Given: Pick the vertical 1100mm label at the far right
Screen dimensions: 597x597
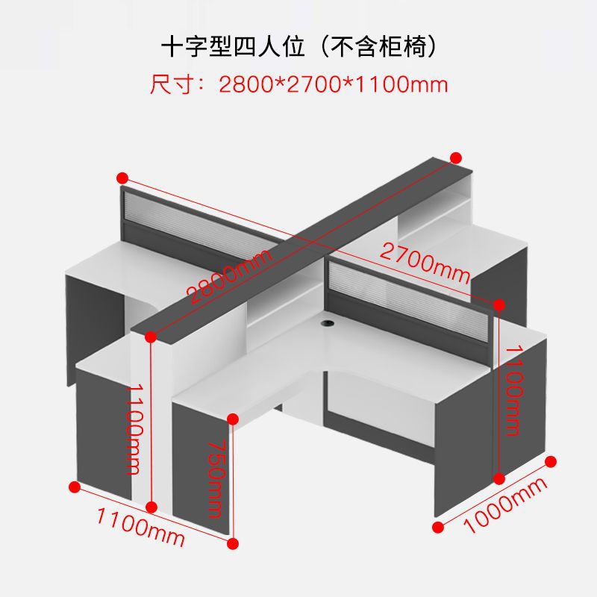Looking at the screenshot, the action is (x=513, y=390).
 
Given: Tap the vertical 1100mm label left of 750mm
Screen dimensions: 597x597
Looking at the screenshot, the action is (x=133, y=429).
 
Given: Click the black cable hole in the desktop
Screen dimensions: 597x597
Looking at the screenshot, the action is (x=328, y=325).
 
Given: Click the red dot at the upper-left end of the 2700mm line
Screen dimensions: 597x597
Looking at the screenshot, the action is (x=122, y=178).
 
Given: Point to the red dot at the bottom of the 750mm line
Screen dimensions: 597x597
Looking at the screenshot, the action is (x=234, y=543).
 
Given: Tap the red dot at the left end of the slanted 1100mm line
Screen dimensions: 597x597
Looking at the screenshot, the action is (x=74, y=487).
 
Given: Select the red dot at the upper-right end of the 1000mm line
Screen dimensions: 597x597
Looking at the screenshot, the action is (x=552, y=462).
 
